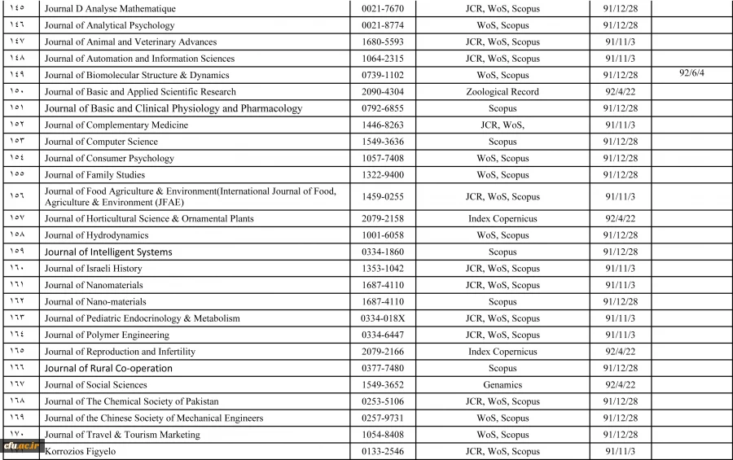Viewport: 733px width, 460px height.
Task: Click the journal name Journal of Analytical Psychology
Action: coord(109,25)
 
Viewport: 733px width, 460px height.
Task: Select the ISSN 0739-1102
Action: coord(382,75)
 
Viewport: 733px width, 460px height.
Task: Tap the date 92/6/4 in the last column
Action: coord(691,72)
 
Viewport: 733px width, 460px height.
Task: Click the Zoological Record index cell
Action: coord(503,92)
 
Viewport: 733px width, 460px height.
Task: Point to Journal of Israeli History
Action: coord(93,269)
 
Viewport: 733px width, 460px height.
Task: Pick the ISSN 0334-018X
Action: coord(382,318)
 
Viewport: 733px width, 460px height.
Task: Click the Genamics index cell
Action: coord(503,385)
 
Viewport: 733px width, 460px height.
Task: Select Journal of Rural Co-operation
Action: coord(108,368)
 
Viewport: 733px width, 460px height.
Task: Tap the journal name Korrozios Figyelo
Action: coord(80,451)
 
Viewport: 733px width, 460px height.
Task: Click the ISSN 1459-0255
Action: coord(382,196)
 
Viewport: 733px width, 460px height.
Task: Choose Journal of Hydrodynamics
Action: coord(96,235)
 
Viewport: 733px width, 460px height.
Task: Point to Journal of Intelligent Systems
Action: coord(108,252)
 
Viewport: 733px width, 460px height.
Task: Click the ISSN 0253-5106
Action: coord(382,401)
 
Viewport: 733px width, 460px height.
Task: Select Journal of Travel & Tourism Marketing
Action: coord(121,435)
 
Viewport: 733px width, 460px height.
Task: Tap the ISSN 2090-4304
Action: coord(382,92)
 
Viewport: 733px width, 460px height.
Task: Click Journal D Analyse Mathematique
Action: coord(110,9)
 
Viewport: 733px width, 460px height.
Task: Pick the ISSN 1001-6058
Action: coord(382,235)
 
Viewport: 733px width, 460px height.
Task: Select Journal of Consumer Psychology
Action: coord(109,159)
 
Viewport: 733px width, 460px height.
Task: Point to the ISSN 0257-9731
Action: coord(382,418)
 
